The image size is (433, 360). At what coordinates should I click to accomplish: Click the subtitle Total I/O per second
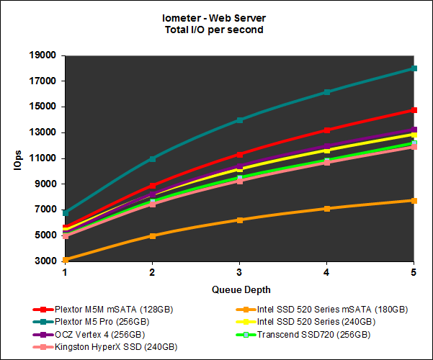point(216,30)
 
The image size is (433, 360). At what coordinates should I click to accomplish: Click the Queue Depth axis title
point(240,289)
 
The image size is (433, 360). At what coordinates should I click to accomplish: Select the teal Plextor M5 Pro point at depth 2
point(153,158)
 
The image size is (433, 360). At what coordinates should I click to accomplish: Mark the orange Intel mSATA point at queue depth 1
point(66,260)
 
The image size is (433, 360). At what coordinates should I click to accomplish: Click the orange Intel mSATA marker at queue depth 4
point(327,208)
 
